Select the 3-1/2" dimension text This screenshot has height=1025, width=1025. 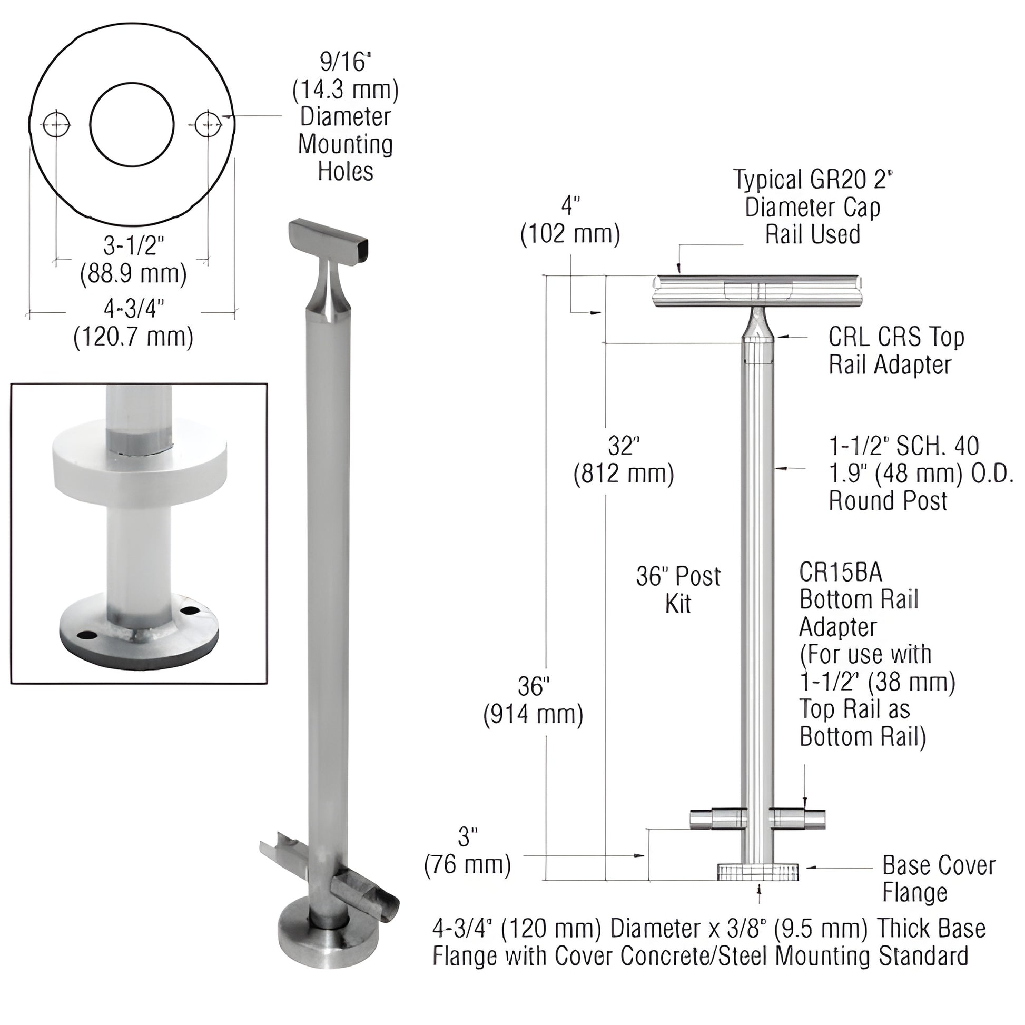point(133,247)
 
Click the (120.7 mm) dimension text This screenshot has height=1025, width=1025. point(133,337)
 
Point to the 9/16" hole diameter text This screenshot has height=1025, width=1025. point(345,63)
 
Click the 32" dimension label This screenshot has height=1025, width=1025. point(623,446)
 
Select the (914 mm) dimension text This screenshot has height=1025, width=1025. point(533,715)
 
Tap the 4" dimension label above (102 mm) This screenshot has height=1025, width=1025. point(570,206)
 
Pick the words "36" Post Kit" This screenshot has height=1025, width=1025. point(678,589)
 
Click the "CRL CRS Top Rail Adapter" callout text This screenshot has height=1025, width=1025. point(896,350)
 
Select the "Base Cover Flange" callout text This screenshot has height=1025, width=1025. point(939,879)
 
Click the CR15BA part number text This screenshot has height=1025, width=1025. point(840,572)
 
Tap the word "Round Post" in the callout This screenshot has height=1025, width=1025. point(888,501)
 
